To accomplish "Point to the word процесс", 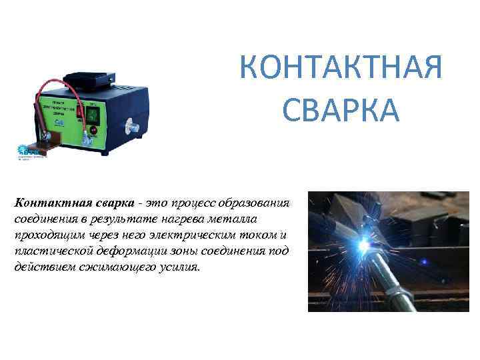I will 197,203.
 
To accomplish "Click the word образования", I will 257,203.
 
